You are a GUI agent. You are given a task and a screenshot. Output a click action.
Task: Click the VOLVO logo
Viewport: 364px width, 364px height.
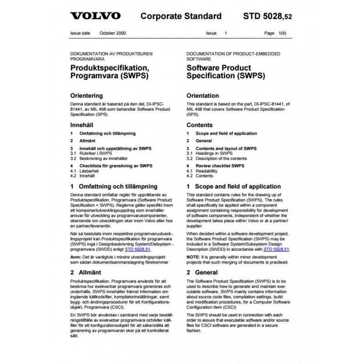[95, 16]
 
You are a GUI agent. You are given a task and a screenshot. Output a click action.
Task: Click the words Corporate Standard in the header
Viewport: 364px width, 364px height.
[181, 16]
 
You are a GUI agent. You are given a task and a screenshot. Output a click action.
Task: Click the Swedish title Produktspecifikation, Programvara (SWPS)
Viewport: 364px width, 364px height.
[110, 72]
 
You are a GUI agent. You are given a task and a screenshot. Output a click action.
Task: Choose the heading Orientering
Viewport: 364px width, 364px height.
[86, 96]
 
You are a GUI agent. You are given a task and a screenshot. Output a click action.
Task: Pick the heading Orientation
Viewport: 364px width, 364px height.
[203, 96]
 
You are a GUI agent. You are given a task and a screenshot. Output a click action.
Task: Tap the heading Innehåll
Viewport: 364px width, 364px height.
[82, 125]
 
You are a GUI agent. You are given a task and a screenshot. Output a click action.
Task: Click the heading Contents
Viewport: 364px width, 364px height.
[200, 125]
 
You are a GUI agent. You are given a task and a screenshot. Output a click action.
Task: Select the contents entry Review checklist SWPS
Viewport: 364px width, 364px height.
[219, 166]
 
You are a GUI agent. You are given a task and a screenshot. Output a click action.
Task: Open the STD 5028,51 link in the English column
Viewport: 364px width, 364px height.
[276, 249]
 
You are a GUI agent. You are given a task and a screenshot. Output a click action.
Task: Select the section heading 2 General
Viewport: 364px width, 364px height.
[203, 273]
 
